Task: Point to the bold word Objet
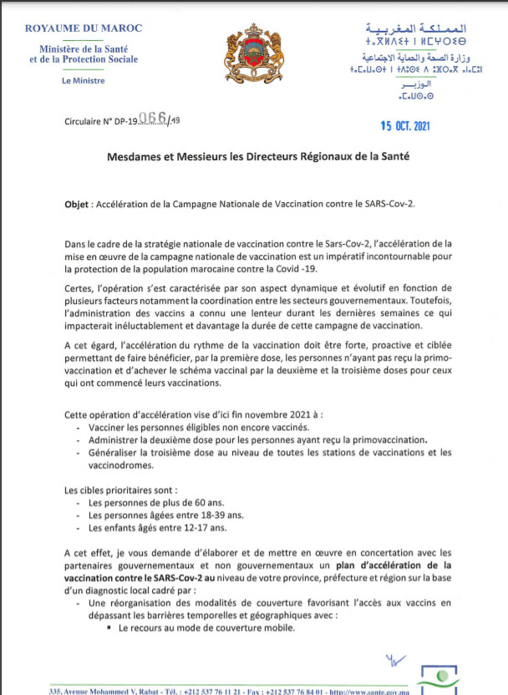pos(81,203)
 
